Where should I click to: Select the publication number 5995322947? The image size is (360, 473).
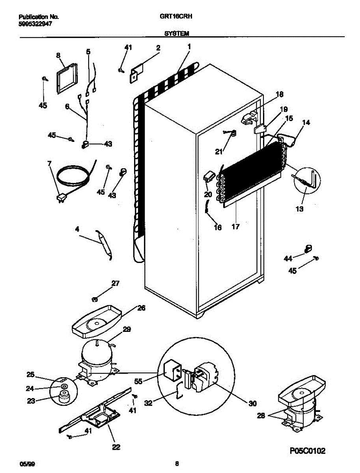(35, 23)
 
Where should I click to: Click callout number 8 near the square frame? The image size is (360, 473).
(59, 56)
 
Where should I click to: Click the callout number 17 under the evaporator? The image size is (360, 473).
(235, 227)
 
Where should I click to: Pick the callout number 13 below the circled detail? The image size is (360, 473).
(300, 209)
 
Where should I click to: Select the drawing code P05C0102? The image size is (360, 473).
(306, 451)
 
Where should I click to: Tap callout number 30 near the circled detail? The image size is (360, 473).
(252, 403)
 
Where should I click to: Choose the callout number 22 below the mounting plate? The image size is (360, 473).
(116, 447)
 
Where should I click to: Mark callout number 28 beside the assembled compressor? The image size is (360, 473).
(260, 415)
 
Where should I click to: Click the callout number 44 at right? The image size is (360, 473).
(288, 258)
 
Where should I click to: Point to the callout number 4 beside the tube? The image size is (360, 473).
(77, 229)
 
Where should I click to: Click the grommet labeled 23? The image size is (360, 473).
(62, 398)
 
